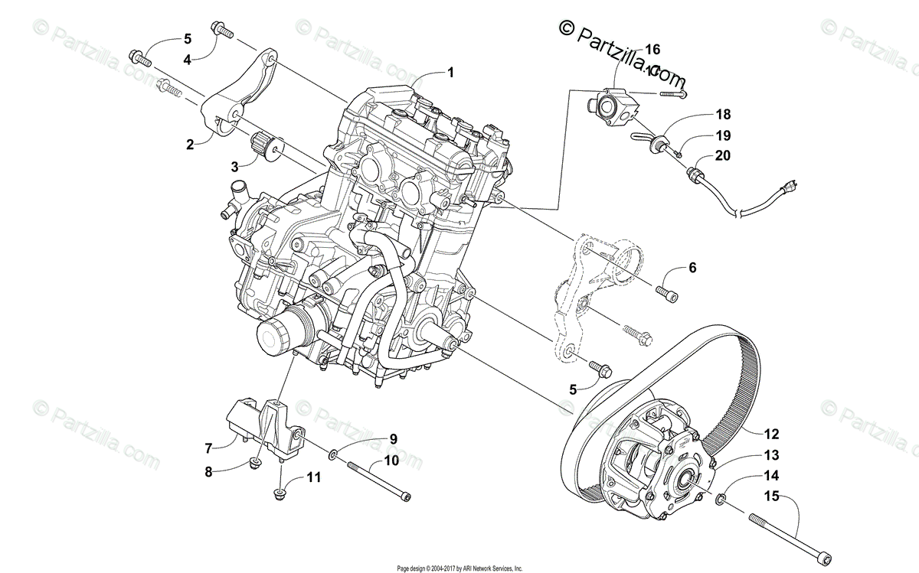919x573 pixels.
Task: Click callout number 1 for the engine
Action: (451, 73)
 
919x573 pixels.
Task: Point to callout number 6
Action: (692, 268)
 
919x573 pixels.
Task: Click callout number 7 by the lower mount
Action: (208, 448)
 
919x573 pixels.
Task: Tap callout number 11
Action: (314, 477)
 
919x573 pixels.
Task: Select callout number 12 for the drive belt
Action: (770, 434)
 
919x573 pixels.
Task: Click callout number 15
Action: (770, 497)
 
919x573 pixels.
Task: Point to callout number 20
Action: (723, 155)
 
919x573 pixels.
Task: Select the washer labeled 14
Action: (722, 501)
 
